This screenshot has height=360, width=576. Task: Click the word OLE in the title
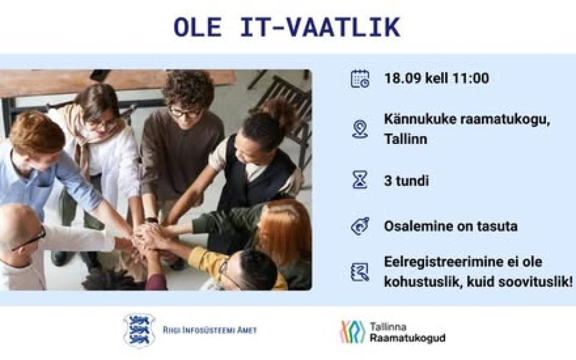[x=197, y=28]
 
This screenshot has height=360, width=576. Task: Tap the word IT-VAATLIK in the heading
[x=320, y=28]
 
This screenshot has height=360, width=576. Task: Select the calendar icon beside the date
[x=360, y=79]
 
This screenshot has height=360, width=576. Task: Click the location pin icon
[x=360, y=130]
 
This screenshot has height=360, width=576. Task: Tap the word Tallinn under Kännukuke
[x=406, y=139]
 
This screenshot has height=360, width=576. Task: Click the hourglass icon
[x=360, y=180]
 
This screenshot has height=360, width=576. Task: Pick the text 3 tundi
[x=406, y=181]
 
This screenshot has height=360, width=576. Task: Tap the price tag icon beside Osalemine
[x=360, y=226]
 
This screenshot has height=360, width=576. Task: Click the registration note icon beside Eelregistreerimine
[x=360, y=272]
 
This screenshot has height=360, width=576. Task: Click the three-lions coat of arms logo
[x=139, y=330]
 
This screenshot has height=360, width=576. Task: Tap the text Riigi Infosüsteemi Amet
[x=210, y=330]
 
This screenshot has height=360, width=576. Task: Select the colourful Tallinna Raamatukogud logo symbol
[x=353, y=332]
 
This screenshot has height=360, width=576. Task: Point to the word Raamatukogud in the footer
[x=407, y=338]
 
